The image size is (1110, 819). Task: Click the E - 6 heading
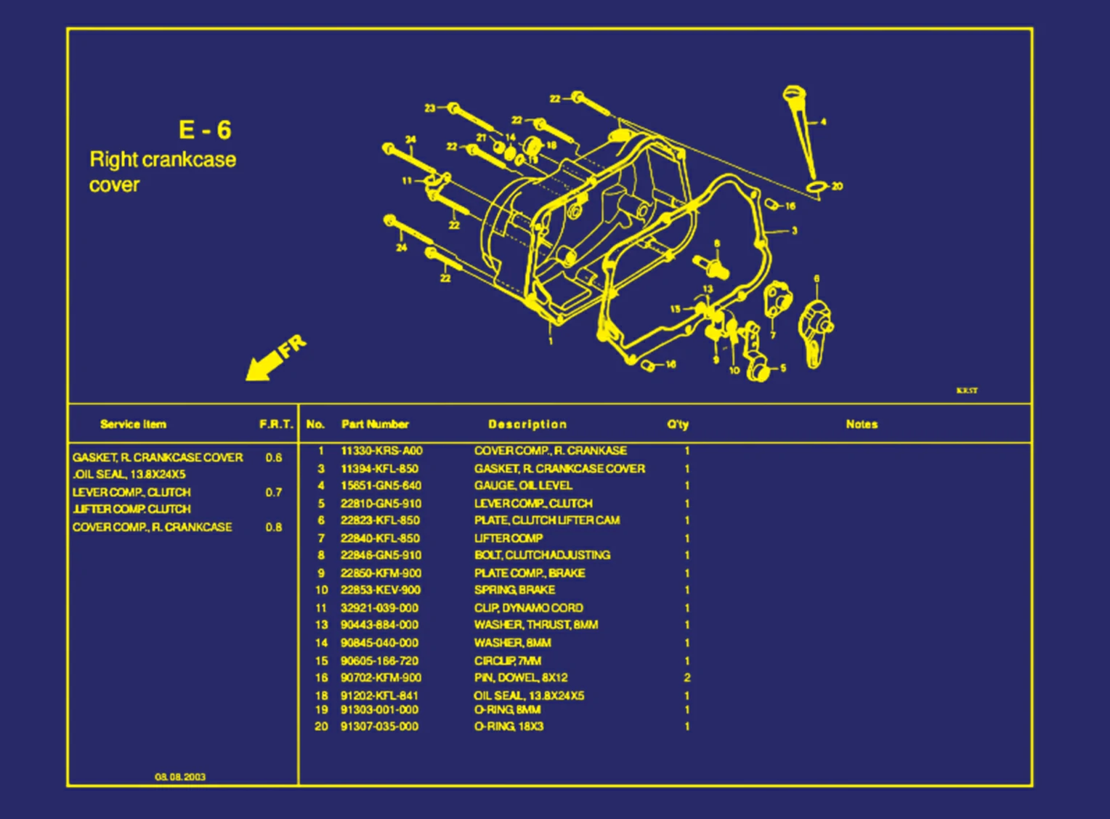point(204,130)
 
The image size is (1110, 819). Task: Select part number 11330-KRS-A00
point(381,451)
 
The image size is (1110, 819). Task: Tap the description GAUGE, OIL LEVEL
point(523,485)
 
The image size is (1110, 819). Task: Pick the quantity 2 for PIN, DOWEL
point(686,678)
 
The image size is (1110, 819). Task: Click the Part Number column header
point(375,424)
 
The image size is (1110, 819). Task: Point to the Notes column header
point(862,424)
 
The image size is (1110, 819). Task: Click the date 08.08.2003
point(179,777)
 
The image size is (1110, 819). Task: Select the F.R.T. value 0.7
point(273,493)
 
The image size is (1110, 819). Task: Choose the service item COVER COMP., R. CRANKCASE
point(152,528)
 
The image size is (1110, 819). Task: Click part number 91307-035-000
point(379,727)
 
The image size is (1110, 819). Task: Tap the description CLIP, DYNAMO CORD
point(528,608)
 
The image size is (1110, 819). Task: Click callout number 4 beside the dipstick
point(823,122)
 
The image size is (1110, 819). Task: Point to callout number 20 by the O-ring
point(837,187)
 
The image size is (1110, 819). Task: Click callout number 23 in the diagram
point(429,108)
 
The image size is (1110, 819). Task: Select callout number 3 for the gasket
point(794,231)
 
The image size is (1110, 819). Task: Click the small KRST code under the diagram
point(966,391)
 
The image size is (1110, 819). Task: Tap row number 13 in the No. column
point(321,625)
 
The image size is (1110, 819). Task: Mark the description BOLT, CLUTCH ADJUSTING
point(542,555)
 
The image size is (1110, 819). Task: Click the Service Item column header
point(133,424)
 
